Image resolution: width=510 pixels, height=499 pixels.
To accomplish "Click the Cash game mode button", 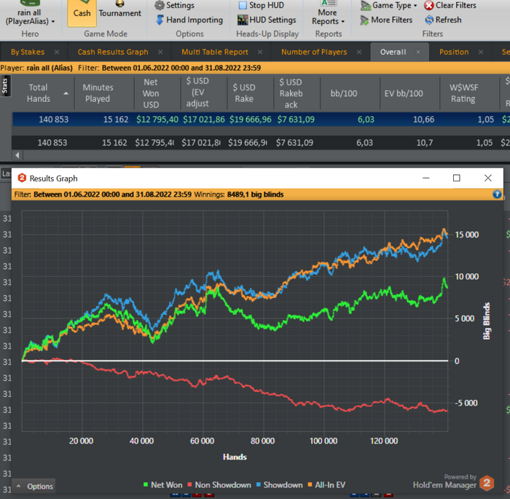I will point(82,12).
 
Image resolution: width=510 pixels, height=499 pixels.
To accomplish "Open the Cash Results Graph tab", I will point(113,52).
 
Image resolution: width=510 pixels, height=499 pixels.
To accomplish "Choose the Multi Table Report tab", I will point(215,52).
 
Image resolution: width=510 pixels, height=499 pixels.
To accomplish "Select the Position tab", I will point(454,52).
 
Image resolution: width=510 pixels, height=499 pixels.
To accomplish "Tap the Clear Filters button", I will point(450,5).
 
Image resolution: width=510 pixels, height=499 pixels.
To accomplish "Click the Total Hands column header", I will point(39,93).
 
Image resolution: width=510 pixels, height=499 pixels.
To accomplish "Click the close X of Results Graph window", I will point(488,178).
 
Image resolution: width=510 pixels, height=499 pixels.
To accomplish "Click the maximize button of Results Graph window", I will point(457,178).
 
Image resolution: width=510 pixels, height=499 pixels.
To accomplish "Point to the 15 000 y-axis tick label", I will point(467,235).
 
